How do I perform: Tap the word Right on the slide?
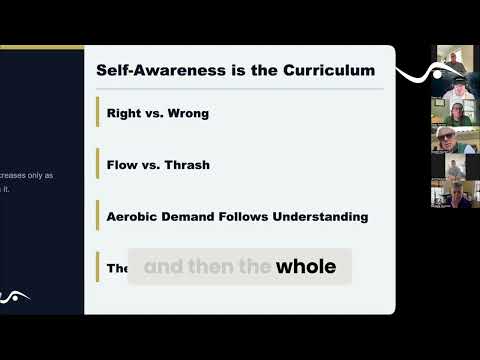123,114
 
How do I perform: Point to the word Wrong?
186,114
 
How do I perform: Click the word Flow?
121,165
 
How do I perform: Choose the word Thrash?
185,165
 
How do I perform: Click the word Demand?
202,216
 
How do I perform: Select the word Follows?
255,216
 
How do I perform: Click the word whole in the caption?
306,267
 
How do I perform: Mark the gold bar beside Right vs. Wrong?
98,114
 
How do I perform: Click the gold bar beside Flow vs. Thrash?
98,165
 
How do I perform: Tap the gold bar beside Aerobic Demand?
98,216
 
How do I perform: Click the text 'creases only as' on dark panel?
27,175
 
